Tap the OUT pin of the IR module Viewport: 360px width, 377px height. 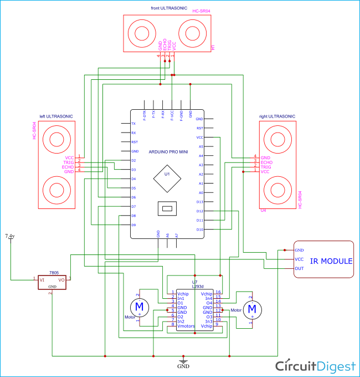pyautogui.click(x=299, y=268)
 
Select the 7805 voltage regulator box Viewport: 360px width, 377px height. pyautogui.click(x=52, y=281)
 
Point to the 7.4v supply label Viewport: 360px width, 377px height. pyautogui.click(x=10, y=236)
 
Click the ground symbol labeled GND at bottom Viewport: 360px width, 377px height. pyautogui.click(x=183, y=366)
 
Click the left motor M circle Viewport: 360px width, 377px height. pyautogui.click(x=139, y=306)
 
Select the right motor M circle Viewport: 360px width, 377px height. pyautogui.click(x=252, y=308)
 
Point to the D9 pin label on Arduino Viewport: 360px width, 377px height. pyautogui.click(x=133, y=225)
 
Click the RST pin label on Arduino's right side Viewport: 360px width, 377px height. pyautogui.click(x=200, y=128)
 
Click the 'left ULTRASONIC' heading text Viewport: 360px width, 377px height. pyautogui.click(x=56, y=116)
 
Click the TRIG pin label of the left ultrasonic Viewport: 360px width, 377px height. pyautogui.click(x=68, y=161)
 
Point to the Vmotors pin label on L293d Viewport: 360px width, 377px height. pyautogui.click(x=186, y=325)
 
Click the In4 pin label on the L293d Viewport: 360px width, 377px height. pyautogui.click(x=208, y=298)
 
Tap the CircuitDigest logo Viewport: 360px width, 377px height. pyautogui.click(x=316, y=366)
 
